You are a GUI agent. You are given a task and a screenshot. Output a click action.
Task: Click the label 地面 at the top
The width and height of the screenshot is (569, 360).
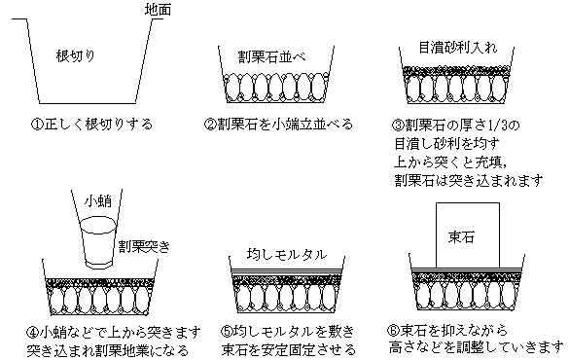160,10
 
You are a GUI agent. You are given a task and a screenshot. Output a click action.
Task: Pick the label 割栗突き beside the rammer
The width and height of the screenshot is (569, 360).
144,247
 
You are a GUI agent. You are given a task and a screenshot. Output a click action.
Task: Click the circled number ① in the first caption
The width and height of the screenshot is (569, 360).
36,125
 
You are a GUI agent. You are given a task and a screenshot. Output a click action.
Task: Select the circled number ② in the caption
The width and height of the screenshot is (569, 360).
209,125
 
